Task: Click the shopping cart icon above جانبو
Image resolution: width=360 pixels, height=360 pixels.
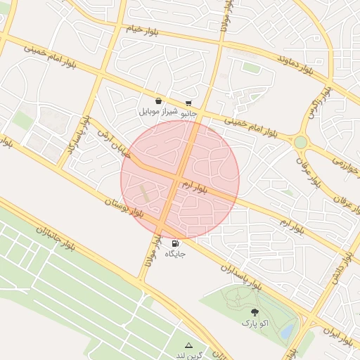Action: [188, 103]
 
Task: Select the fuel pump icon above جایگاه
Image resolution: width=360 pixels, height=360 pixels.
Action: [174, 243]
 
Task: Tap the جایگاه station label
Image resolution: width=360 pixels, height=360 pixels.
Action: [174, 254]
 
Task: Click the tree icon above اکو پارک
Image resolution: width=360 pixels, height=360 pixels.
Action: [253, 312]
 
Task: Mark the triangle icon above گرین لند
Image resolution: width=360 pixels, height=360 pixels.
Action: [188, 345]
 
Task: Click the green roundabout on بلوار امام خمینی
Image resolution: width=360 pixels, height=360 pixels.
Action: [300, 142]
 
